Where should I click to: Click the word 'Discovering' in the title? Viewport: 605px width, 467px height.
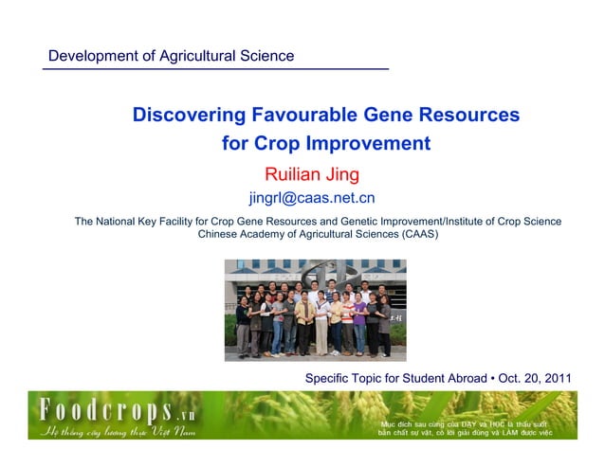coord(188,116)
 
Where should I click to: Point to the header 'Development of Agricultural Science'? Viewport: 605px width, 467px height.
coord(171,56)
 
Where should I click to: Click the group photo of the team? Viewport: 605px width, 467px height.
coord(314,310)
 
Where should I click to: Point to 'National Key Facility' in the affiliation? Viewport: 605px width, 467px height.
coord(159,222)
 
